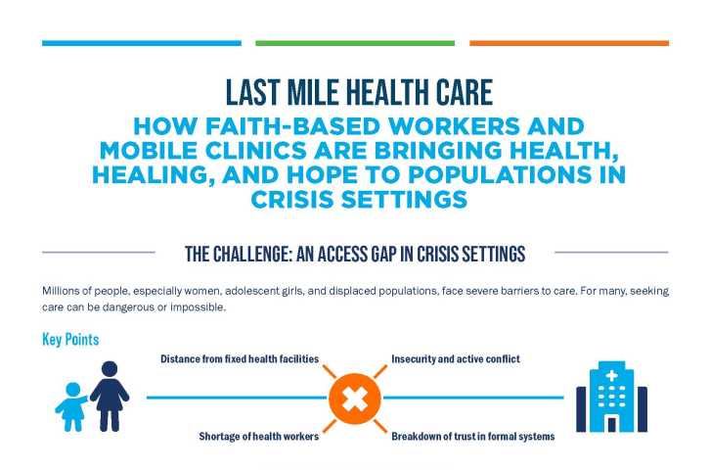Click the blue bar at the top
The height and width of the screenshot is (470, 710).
141,43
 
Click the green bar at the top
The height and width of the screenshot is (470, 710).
355,43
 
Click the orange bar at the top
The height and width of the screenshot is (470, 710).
569,43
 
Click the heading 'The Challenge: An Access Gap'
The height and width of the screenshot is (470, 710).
355,254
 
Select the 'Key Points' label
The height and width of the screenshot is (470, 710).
70,340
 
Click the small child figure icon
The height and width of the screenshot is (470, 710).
70,405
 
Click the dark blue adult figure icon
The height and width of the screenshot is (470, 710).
109,397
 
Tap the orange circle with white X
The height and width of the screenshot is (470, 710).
354,399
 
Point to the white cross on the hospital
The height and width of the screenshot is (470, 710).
612,376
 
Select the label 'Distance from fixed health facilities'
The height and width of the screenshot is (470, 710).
240,359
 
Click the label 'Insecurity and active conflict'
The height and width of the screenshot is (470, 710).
456,359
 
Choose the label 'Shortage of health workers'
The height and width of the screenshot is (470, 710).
258,437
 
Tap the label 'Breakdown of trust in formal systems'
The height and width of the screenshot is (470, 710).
473,437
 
